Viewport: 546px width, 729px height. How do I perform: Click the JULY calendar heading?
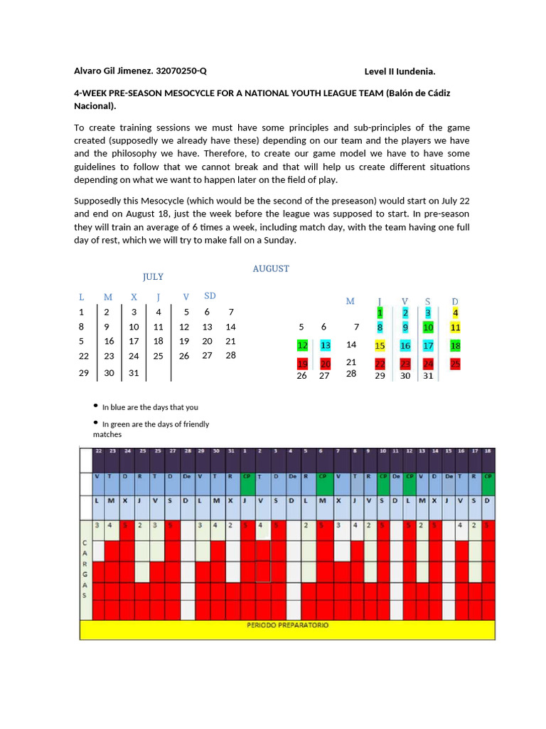(x=153, y=276)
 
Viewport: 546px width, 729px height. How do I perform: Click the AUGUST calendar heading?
(x=271, y=268)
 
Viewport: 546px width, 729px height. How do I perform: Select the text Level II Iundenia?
(x=400, y=71)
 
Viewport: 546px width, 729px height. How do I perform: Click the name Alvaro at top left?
(x=87, y=70)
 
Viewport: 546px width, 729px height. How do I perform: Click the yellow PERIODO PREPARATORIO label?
(x=287, y=625)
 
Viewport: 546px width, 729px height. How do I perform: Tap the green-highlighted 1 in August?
(x=380, y=313)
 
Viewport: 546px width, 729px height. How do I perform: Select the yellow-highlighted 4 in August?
(x=455, y=313)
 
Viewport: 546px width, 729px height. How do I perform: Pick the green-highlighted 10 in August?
(x=428, y=327)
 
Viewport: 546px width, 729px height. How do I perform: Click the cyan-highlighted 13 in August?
(x=326, y=345)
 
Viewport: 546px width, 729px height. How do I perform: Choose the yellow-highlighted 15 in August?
(x=380, y=345)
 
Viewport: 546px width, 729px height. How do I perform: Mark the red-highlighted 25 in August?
(x=455, y=364)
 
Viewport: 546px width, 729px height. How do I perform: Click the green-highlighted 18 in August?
(x=455, y=345)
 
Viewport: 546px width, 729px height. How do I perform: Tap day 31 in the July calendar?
(x=134, y=372)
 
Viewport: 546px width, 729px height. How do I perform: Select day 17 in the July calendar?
(x=134, y=341)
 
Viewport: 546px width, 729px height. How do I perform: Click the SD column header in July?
(x=210, y=295)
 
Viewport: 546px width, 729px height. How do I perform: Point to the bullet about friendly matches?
(x=155, y=424)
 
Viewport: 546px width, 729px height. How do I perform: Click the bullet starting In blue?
(x=150, y=407)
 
